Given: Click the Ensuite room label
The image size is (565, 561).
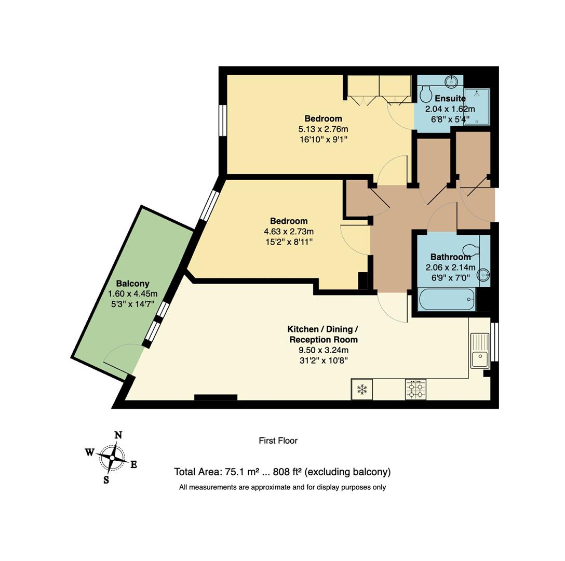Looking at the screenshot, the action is (x=450, y=98).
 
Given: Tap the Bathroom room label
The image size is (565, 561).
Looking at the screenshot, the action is (x=450, y=257).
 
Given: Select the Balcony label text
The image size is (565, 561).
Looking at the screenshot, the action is (x=132, y=284).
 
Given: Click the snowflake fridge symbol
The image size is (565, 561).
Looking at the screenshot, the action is (x=362, y=390).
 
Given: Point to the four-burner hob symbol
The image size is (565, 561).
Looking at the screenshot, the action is (x=416, y=390).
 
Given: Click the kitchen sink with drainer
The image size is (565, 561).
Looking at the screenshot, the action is (x=480, y=351).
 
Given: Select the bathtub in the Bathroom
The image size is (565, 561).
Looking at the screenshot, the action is (x=447, y=299).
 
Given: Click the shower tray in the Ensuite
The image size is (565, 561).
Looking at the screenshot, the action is (x=477, y=106).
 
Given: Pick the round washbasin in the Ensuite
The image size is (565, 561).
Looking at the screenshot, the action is (x=450, y=81).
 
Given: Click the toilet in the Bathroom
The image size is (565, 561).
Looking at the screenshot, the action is (x=471, y=249).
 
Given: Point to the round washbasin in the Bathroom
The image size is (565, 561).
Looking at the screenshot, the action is (x=483, y=276).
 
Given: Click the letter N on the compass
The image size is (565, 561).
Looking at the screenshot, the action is (x=118, y=435).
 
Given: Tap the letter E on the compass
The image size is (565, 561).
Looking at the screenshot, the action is (x=133, y=465).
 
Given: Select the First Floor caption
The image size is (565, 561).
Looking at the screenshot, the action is (x=278, y=440).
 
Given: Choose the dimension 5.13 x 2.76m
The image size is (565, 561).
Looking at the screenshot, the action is (x=323, y=129).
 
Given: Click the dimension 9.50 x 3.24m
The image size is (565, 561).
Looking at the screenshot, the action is (x=323, y=350).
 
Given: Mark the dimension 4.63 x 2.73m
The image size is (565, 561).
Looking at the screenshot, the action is (x=289, y=232).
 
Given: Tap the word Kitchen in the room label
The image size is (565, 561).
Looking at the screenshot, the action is (x=303, y=329).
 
